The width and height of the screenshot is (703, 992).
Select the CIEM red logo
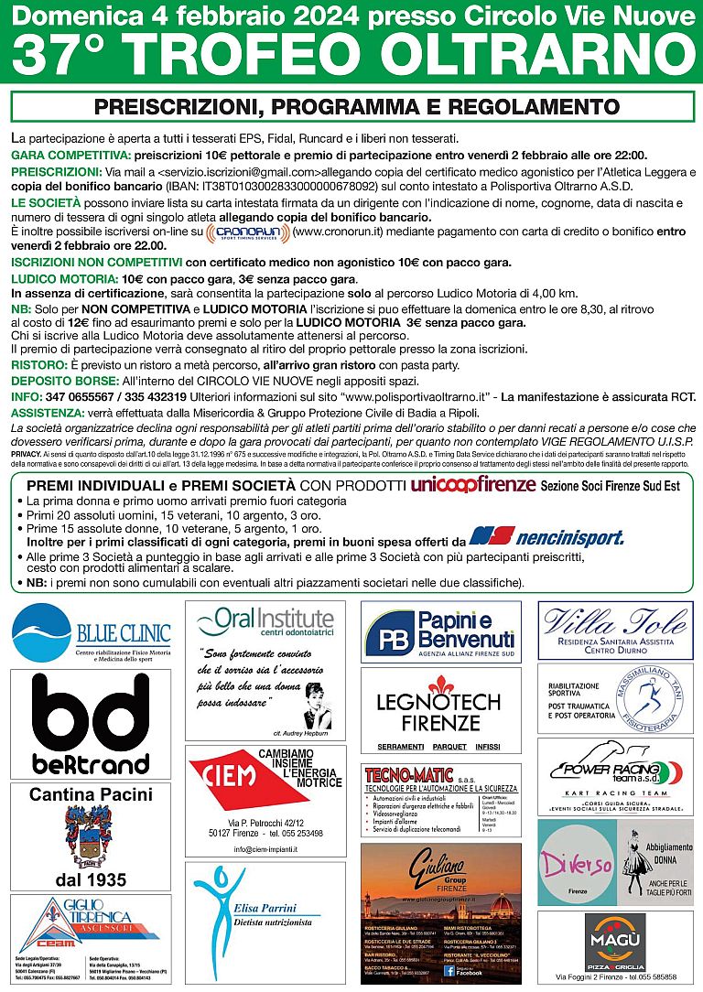point(222,776)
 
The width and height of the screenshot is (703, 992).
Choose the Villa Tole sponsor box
point(614,630)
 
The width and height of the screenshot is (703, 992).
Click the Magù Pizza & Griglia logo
point(615,940)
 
